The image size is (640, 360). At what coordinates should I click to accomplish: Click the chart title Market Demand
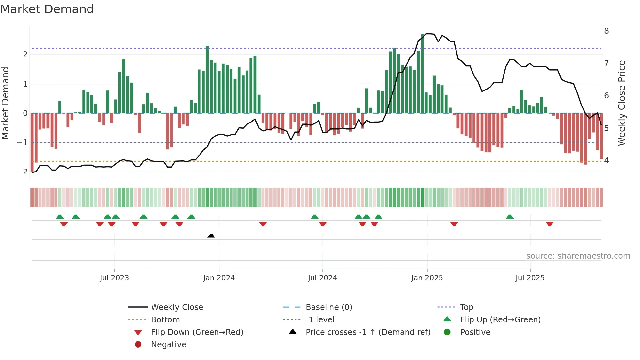tap(47, 9)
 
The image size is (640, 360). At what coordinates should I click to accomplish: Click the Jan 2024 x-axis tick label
tap(219, 278)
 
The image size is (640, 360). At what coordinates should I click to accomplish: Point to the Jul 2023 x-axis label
tap(114, 278)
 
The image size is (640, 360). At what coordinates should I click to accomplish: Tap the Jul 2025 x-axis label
tap(530, 278)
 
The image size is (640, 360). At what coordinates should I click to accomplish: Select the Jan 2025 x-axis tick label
tap(427, 278)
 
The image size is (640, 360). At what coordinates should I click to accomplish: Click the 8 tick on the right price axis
tap(606, 31)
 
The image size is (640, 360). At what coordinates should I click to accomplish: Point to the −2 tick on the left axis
tap(22, 172)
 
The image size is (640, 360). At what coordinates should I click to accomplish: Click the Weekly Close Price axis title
tap(622, 103)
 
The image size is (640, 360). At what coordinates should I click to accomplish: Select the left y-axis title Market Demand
tap(6, 103)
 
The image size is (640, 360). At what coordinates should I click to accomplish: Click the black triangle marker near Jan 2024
tap(211, 236)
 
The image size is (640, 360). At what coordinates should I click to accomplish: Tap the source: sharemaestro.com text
tap(578, 256)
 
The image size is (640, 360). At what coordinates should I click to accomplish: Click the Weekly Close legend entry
tap(177, 307)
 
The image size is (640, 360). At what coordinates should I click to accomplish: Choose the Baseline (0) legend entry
tap(328, 307)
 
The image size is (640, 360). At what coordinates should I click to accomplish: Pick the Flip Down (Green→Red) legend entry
tap(197, 332)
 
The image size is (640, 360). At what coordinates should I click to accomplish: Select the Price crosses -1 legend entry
tap(368, 332)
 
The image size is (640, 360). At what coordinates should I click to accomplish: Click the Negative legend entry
tap(168, 345)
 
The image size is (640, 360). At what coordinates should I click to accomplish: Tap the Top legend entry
tap(466, 307)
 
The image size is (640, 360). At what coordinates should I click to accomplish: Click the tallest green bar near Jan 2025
tap(422, 74)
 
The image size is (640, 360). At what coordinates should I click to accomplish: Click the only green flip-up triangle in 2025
tap(510, 217)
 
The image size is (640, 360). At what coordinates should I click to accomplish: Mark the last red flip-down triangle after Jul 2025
tap(550, 224)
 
